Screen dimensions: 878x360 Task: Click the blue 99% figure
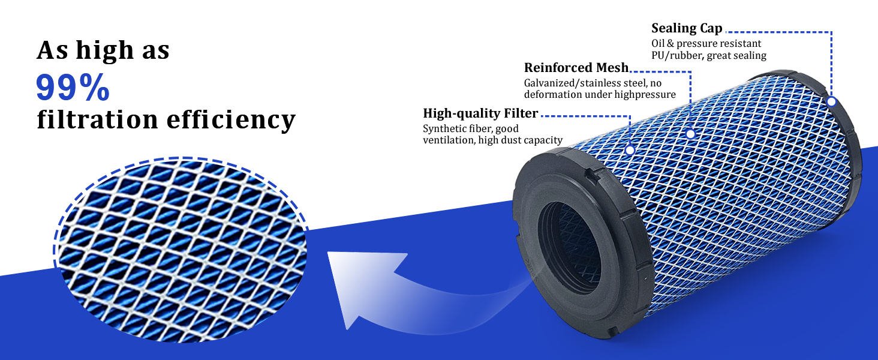coord(73,87)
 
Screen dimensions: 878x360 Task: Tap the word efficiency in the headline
coord(231,119)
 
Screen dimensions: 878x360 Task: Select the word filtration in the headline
coord(98,119)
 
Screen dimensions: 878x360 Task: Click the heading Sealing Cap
coord(687,29)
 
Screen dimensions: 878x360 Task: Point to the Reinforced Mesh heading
coord(576,67)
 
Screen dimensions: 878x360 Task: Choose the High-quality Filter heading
coord(480,113)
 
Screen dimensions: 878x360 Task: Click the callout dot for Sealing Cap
coord(831,101)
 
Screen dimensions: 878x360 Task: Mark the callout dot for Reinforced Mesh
coord(690,134)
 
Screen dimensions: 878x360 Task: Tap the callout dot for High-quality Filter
coord(630,150)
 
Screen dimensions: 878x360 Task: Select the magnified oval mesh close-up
coord(181,250)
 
